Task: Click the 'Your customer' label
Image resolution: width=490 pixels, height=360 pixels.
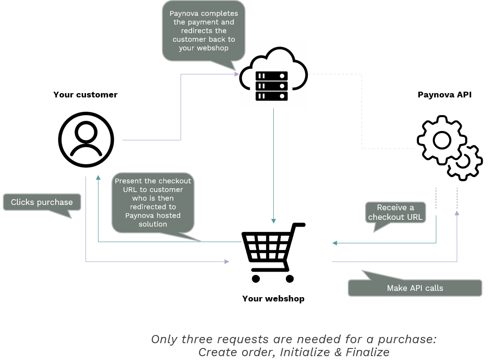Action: coord(85,95)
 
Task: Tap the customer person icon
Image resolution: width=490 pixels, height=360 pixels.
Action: coord(86,140)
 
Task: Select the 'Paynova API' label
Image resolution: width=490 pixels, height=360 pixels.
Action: coord(444,95)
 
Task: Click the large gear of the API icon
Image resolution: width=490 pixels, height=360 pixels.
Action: coord(441,140)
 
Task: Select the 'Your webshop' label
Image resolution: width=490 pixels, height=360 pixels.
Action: coord(273,299)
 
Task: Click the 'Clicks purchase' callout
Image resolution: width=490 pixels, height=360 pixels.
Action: coord(42,202)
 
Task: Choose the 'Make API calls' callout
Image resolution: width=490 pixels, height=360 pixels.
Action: coord(415,288)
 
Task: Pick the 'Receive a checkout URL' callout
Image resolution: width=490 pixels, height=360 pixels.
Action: coord(395,212)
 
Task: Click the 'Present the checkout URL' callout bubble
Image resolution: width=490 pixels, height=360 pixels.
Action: coord(153,202)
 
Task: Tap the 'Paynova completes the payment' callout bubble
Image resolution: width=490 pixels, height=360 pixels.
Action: coord(204,31)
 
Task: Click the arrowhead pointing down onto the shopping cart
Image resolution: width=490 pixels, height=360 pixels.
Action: coord(273,221)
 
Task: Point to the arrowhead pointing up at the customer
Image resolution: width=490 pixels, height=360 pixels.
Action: coord(98,178)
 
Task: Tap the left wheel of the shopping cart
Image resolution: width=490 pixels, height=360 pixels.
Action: coord(256,278)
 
